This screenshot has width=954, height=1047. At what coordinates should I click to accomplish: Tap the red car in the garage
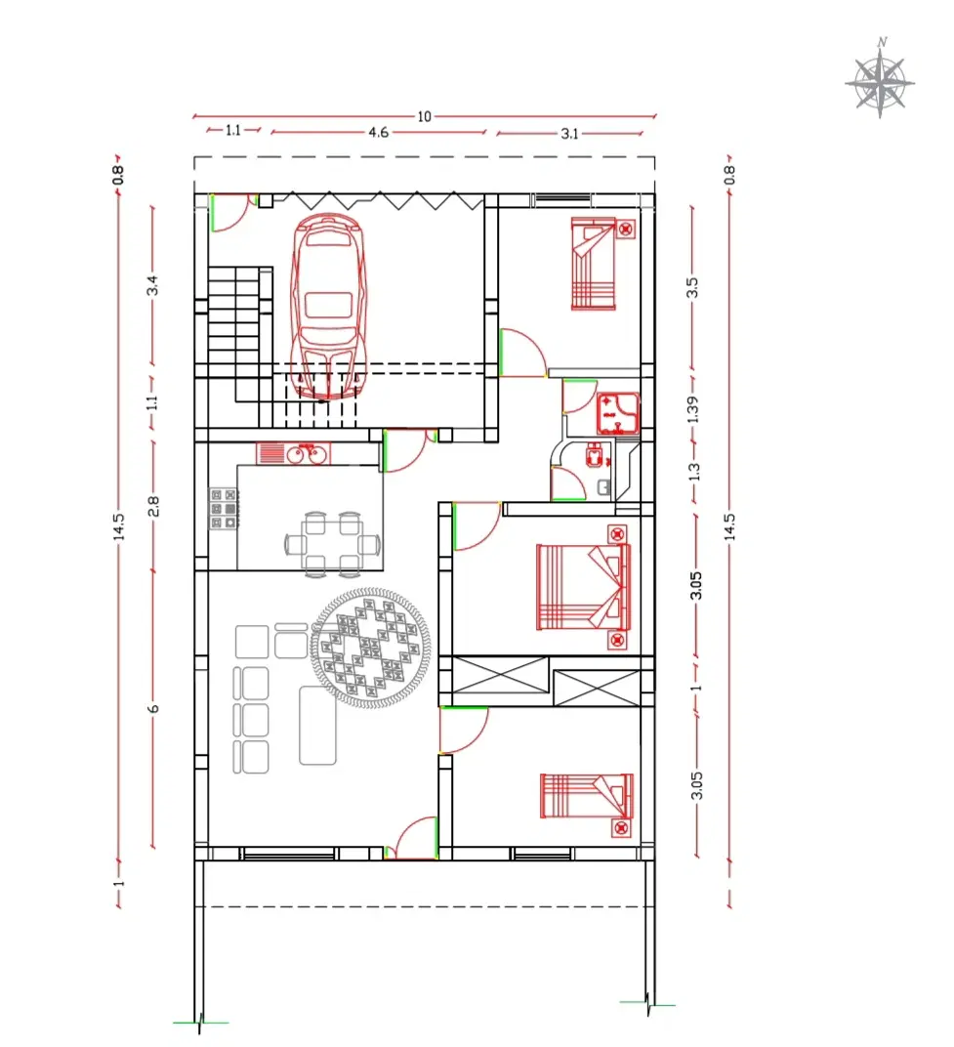point(328,307)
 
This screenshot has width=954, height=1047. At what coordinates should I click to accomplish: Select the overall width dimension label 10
point(424,117)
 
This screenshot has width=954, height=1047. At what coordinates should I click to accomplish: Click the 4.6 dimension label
point(378,132)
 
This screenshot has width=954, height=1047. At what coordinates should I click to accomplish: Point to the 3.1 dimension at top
point(569,134)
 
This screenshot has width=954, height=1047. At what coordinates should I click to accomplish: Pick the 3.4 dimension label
point(153,285)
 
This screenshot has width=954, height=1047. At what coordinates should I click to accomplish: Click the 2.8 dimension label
point(153,506)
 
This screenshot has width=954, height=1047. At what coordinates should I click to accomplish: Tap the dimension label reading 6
point(153,708)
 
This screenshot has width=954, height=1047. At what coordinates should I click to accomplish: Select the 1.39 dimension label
point(693,409)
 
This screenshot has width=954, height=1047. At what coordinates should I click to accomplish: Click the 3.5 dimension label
point(692,287)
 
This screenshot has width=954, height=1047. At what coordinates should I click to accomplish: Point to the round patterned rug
point(370,647)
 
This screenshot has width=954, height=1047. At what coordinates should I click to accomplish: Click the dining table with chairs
point(332,544)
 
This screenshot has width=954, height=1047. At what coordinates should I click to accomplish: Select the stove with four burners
point(225,509)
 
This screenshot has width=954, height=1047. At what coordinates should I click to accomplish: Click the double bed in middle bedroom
point(584,587)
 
